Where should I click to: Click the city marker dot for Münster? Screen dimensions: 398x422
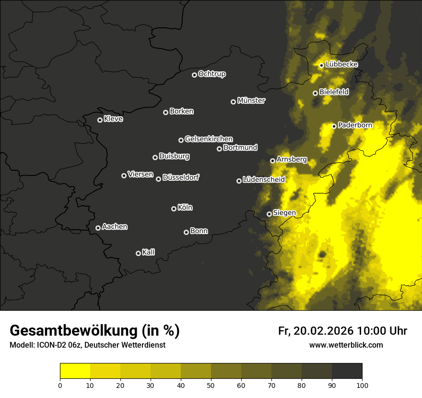[x=233, y=102]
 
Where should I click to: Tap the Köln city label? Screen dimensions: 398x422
[x=185, y=208]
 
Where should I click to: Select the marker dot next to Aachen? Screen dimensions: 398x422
[x=98, y=228]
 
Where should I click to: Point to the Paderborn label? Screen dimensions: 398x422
[x=355, y=125]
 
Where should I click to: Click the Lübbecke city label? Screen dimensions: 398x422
[x=341, y=64]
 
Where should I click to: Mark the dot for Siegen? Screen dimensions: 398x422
[x=269, y=214]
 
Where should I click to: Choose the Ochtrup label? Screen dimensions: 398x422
[x=211, y=74]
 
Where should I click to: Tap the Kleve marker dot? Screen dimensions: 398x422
[x=100, y=120]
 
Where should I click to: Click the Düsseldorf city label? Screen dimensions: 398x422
[x=181, y=177]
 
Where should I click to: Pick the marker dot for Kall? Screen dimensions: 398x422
[x=138, y=253]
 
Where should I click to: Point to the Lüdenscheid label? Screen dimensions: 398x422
[x=264, y=180]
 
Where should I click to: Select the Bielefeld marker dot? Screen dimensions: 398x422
[x=315, y=93]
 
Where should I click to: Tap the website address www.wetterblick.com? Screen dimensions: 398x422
[x=346, y=345]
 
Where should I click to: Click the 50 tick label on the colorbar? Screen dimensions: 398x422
[x=211, y=385]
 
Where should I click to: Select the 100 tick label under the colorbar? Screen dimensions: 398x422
[x=362, y=385]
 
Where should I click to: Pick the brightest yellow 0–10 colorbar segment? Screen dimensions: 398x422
[x=75, y=371]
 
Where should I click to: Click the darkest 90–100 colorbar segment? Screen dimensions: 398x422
[x=347, y=371]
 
